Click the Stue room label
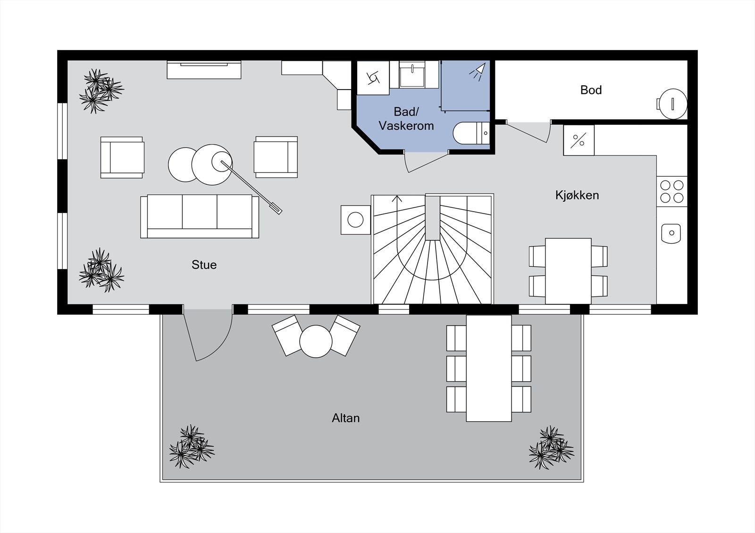point(204,265)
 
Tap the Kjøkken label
point(577,195)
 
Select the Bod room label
point(591,90)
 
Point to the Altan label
point(345,418)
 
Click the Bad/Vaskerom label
point(406,118)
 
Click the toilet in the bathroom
point(471,133)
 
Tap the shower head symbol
point(477,72)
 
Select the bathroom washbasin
point(412,74)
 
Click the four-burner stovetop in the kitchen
point(672,191)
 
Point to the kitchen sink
point(671,233)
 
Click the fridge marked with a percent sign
point(579,140)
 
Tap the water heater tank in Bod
point(672,103)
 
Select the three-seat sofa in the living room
point(200,216)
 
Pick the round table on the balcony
point(316,341)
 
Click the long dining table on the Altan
point(489,368)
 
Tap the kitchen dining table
point(568,271)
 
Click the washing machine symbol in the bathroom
point(373,78)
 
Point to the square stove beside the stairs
point(356,220)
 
